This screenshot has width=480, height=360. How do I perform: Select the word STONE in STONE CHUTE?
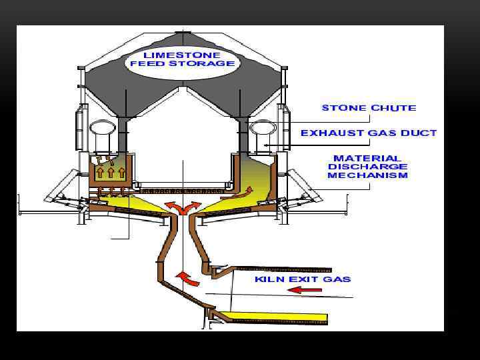[x=343, y=107]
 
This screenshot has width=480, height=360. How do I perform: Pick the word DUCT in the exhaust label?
[x=421, y=133]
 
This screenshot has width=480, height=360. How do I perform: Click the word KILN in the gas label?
[x=267, y=279]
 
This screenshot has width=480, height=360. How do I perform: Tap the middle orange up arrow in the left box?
[x=111, y=173]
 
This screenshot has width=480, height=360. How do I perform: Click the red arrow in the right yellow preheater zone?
[x=238, y=195]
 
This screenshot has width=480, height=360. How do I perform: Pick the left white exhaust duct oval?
[x=102, y=129]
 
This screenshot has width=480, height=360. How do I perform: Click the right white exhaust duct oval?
[x=262, y=129]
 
